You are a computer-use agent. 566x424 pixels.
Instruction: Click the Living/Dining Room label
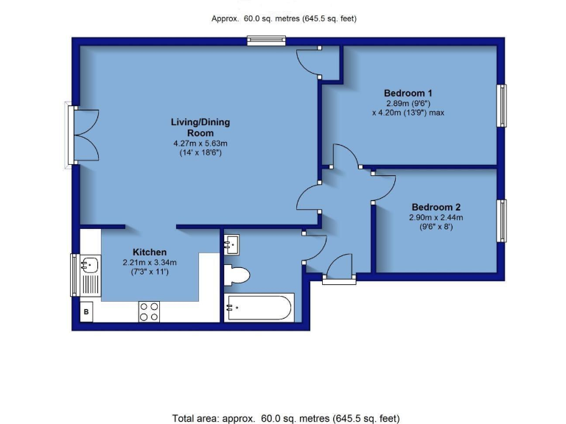tap(197, 127)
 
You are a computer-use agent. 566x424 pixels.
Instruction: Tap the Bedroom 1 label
tap(408, 93)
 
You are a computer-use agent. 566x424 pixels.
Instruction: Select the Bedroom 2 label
tap(436, 207)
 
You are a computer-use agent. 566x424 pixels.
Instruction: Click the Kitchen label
tap(150, 252)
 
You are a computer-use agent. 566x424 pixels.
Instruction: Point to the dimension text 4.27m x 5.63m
tap(200, 143)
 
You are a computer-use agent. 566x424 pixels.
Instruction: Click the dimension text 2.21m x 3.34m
tap(150, 262)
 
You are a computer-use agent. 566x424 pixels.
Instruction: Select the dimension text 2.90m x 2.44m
tap(436, 217)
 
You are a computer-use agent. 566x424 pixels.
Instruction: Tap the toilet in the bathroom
tap(237, 275)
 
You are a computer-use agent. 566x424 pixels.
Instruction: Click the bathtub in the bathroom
tap(259, 307)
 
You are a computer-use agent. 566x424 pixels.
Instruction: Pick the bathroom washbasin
tap(231, 244)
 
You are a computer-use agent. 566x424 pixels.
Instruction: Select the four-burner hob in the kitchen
tap(149, 311)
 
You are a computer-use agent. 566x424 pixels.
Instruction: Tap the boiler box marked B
tap(87, 311)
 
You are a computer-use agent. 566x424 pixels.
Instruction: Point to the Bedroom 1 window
tap(503, 105)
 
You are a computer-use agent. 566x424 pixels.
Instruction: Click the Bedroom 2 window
tap(503, 221)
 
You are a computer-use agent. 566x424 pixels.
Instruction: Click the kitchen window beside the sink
tap(74, 274)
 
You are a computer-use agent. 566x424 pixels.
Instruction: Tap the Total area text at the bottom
tap(285, 417)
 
